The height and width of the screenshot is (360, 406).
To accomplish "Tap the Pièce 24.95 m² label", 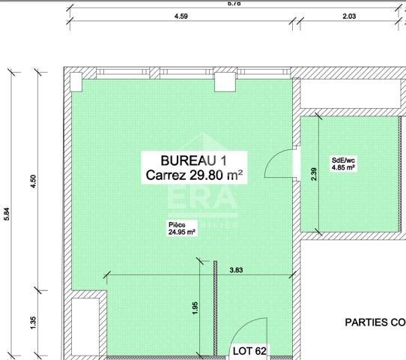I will [x=181, y=229].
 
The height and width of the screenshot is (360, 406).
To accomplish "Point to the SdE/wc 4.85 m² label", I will [x=343, y=163].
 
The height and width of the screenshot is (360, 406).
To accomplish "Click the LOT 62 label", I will [x=249, y=351].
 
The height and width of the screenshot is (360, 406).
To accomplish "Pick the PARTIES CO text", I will [x=375, y=322].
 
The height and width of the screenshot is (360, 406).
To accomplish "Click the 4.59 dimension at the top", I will [x=181, y=16].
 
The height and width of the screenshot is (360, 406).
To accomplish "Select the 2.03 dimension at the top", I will [x=349, y=16].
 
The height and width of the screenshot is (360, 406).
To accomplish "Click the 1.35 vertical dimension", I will [x=32, y=321].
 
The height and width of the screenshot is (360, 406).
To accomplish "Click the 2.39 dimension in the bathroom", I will [x=314, y=173].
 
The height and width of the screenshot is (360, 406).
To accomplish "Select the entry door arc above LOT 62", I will [x=246, y=330].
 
